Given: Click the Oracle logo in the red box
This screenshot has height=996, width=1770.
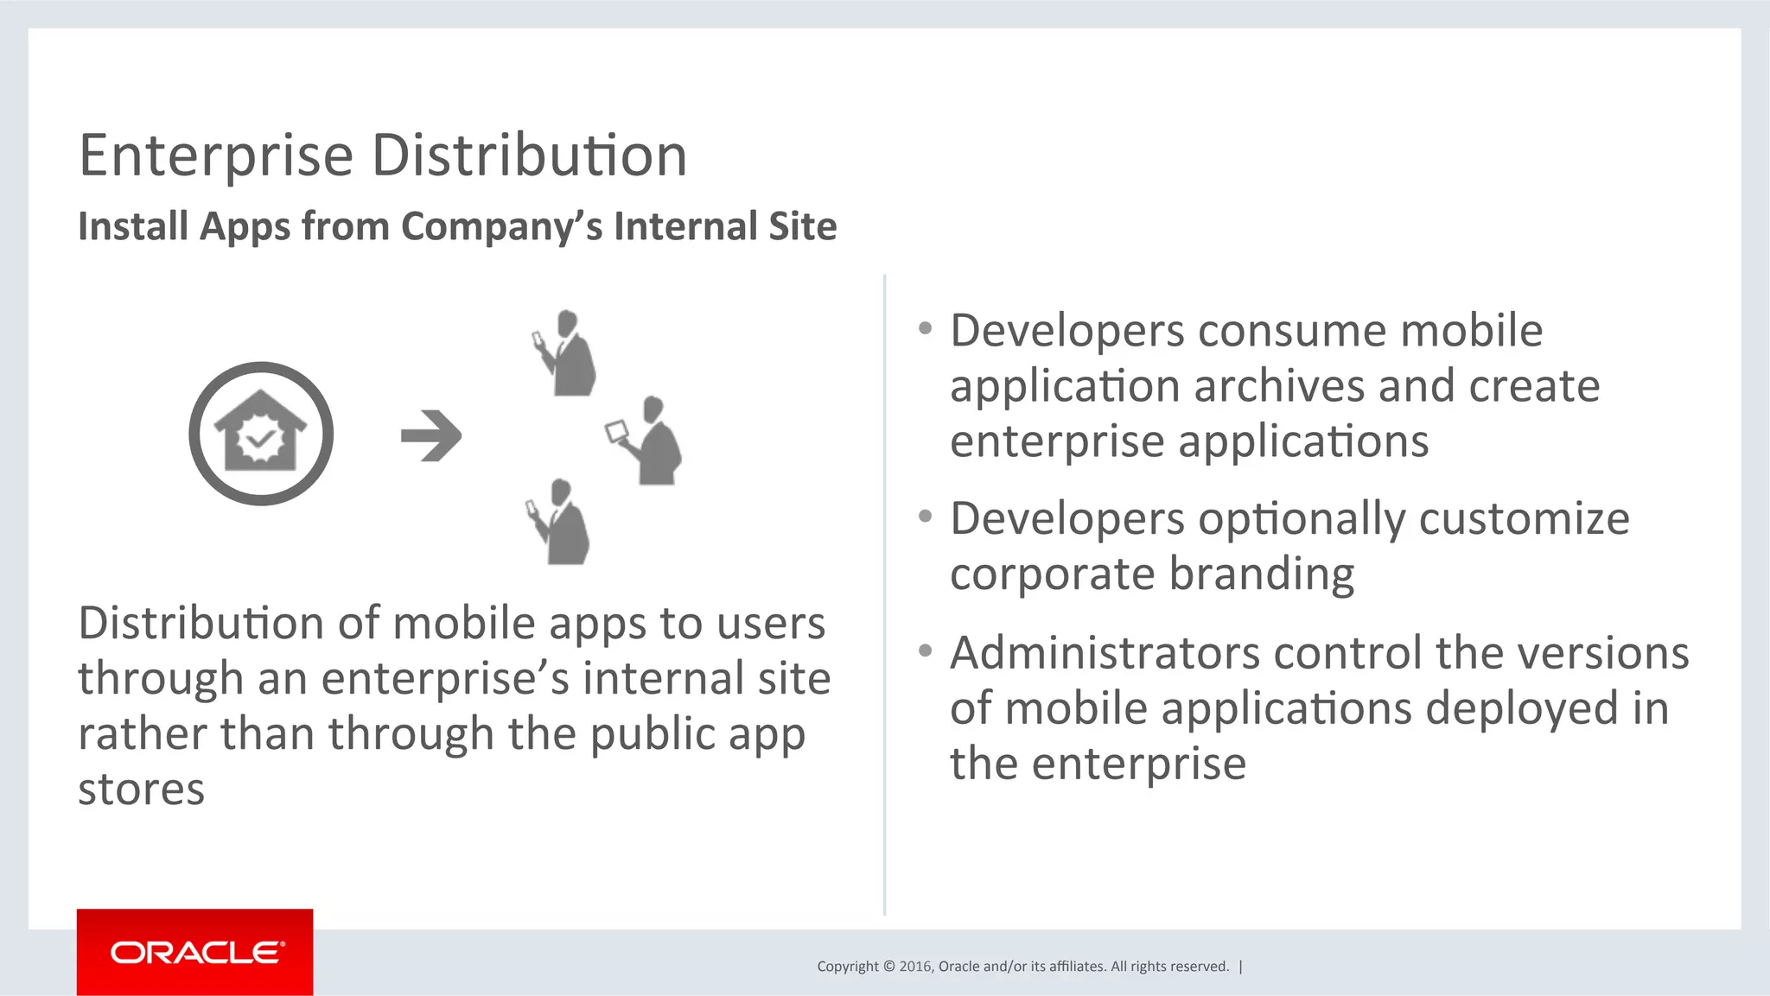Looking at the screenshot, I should (x=196, y=953).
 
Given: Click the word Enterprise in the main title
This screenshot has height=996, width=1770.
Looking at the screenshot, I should (x=216, y=156).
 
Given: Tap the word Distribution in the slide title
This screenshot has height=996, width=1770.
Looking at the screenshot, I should (x=529, y=156).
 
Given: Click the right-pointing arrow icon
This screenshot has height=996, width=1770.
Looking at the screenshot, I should (x=431, y=435).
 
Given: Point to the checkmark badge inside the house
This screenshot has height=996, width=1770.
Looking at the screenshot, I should (x=260, y=439).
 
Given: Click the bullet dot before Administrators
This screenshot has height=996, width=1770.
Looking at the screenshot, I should (x=926, y=650).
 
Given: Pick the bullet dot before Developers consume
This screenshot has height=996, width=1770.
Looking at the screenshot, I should (x=926, y=328).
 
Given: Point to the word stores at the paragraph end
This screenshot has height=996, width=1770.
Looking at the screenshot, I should (x=142, y=790).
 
